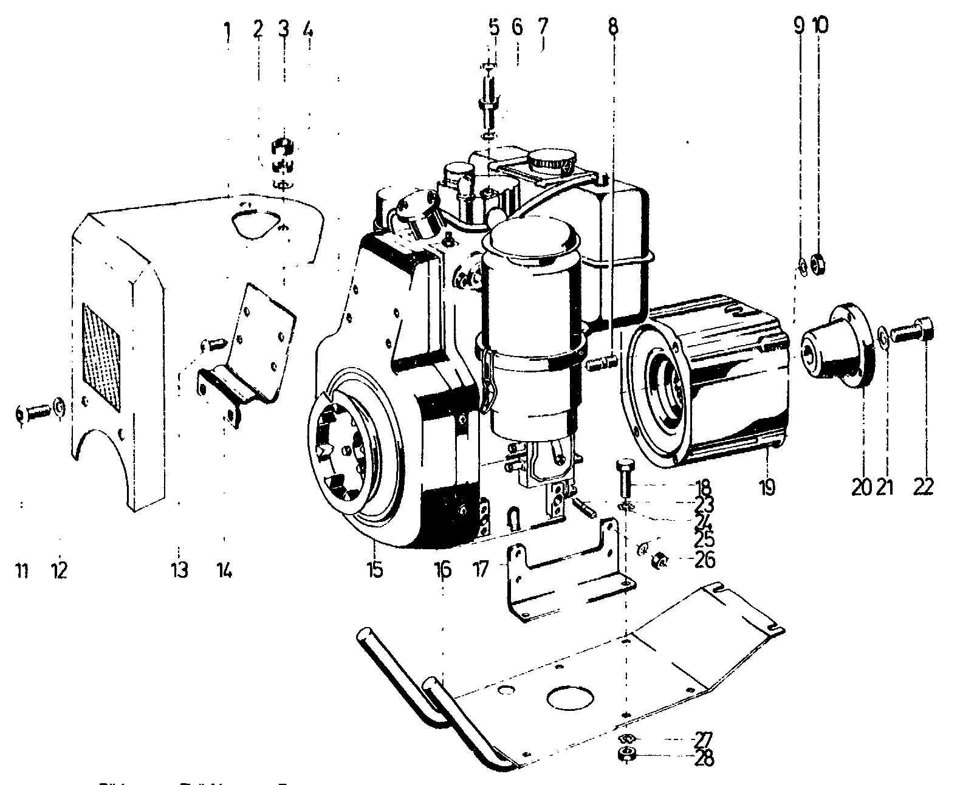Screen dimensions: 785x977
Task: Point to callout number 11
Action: (22, 571)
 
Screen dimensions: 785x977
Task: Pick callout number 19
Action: (767, 487)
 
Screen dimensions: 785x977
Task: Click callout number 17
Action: (480, 571)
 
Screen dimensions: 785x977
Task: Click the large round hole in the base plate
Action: (569, 697)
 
